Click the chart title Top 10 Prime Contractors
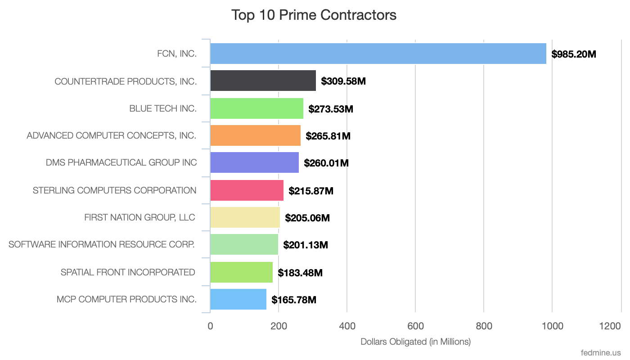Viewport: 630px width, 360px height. click(314, 15)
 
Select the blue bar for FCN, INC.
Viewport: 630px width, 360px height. click(378, 54)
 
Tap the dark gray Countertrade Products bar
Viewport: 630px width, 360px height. click(263, 81)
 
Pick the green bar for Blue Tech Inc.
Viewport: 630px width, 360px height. click(256, 108)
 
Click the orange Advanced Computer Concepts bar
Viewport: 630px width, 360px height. click(255, 135)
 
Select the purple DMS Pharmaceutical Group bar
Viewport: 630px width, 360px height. click(254, 162)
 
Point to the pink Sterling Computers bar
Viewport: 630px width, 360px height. click(247, 190)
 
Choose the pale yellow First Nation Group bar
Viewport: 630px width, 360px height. click(245, 217)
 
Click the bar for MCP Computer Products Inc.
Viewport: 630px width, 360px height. click(238, 299)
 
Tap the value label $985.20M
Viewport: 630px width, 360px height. click(574, 54)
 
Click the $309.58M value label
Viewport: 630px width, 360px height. click(343, 81)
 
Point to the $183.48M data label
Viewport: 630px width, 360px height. click(300, 273)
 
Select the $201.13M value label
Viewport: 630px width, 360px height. click(306, 245)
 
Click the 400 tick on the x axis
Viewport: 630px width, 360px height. click(347, 326)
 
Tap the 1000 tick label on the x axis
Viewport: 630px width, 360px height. click(552, 326)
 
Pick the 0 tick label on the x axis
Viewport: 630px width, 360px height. click(210, 326)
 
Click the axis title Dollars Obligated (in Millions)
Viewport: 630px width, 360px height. click(415, 342)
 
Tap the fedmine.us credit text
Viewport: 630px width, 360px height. click(601, 352)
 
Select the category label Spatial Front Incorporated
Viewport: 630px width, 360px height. click(128, 272)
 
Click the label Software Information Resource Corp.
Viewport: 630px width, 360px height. click(102, 244)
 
